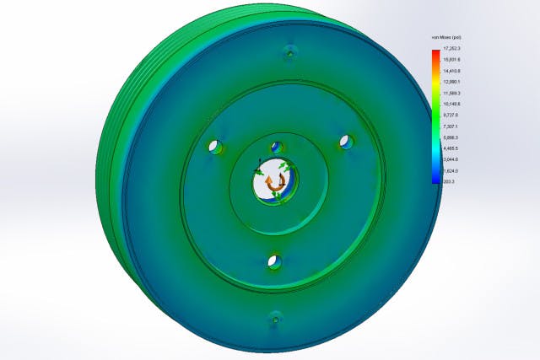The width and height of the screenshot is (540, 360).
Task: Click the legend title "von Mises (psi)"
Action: point(445,39)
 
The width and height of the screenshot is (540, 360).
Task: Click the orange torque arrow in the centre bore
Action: point(270,180)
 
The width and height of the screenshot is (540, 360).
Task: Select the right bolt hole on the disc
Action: point(345,140)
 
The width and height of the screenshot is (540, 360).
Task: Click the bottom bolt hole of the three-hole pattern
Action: point(273,261)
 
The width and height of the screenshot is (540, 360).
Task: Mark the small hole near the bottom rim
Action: point(274,318)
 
